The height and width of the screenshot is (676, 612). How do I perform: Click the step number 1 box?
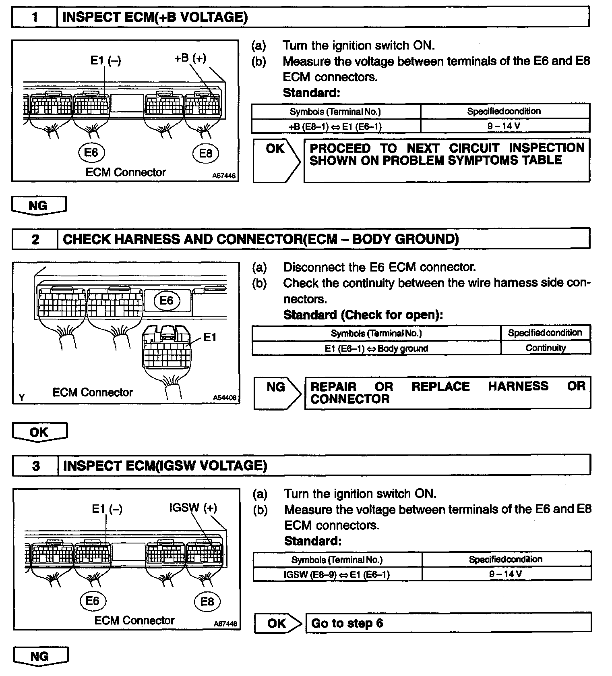(x=35, y=17)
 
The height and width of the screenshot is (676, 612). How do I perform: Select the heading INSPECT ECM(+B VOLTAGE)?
(x=155, y=17)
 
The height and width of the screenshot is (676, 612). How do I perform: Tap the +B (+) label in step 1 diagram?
(x=190, y=58)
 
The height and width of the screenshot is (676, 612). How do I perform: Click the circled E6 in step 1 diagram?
(x=91, y=153)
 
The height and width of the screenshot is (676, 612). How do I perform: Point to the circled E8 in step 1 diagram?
(x=205, y=153)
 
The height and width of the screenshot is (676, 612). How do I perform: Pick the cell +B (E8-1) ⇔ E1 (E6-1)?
(x=335, y=126)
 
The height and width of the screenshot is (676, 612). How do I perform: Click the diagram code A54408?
(x=224, y=398)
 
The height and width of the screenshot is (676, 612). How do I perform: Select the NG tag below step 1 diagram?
(x=39, y=205)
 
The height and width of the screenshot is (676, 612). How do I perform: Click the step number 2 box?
(x=35, y=239)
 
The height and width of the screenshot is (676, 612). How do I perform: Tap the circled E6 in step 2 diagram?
(x=166, y=301)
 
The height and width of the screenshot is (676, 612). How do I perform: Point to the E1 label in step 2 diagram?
(x=210, y=337)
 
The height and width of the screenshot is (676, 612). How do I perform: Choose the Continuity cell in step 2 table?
(x=546, y=348)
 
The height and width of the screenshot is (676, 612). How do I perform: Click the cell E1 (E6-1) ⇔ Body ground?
(x=376, y=348)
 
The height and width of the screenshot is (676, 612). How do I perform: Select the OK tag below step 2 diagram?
(x=39, y=432)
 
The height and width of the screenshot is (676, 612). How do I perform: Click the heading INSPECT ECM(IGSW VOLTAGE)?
(x=165, y=466)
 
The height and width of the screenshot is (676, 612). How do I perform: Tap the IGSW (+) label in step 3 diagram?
(x=193, y=508)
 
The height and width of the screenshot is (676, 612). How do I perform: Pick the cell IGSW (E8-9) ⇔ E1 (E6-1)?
(x=337, y=574)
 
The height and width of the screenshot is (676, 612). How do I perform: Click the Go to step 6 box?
(x=448, y=623)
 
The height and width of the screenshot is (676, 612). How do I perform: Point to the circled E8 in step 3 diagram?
(x=207, y=602)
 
